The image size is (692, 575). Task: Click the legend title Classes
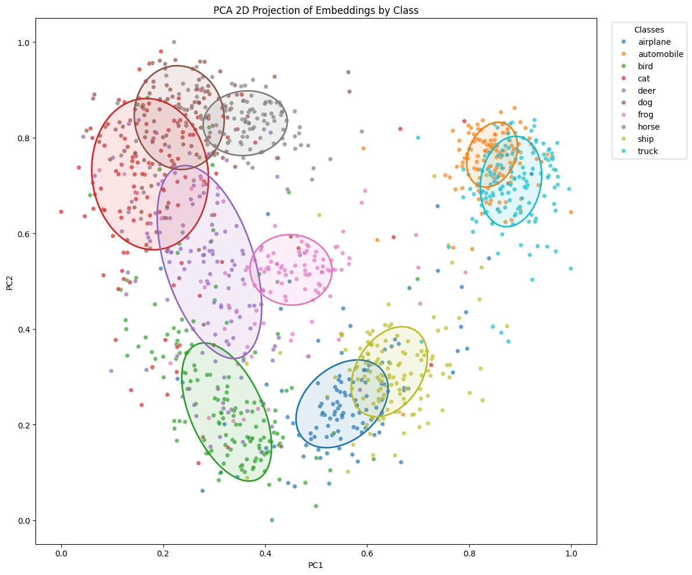point(649,29)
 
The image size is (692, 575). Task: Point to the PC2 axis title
point(9,281)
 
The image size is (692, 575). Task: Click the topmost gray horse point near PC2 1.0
point(174,42)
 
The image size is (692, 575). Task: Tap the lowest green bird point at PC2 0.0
point(272,520)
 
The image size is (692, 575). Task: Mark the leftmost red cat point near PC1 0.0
point(61,212)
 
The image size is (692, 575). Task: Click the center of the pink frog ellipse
point(291,270)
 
